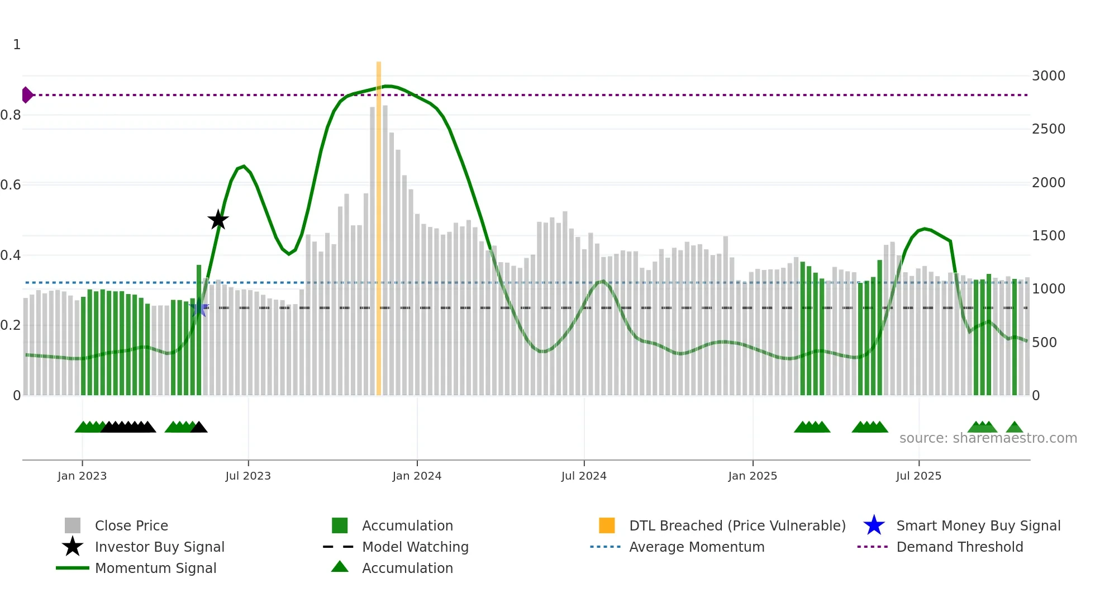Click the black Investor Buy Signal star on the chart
coord(218,220)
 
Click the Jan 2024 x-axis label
coord(417,476)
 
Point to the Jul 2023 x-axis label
coord(248,476)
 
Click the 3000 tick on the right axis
coord(1048,76)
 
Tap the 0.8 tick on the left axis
coord(11,115)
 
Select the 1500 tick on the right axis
coord(1048,236)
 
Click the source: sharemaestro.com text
coord(988,438)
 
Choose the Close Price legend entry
coord(131,525)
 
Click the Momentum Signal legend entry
coord(155,568)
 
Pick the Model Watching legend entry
coord(415,547)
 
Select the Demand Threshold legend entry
coord(959,547)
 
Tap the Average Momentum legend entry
coord(697,547)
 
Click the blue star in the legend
coord(874,525)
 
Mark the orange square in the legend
coord(607,525)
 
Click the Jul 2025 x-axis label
coord(918,476)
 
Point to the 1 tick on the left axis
coord(17,45)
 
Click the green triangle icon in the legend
coord(340,567)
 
